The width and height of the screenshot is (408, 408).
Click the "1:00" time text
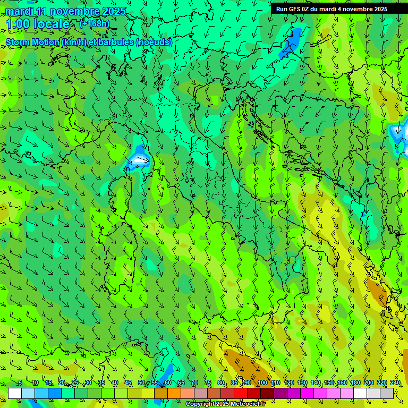pos(18,24)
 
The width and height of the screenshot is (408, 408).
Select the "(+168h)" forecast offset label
pos(95,23)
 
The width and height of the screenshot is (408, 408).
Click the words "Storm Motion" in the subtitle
pos(32,42)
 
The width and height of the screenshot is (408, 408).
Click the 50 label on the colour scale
pos(141,382)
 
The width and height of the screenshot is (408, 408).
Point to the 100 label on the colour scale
pos(262,382)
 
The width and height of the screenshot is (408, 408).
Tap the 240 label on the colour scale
pos(395,382)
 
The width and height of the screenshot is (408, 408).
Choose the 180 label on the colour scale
pos(355,382)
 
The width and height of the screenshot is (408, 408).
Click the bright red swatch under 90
pos(241,393)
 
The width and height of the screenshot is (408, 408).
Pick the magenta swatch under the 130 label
pos(307,393)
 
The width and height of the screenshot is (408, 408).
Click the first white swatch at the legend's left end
pos(15,393)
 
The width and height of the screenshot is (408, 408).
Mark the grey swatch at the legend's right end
pos(387,393)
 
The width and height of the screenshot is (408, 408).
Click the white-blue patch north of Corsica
pos(140,159)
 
